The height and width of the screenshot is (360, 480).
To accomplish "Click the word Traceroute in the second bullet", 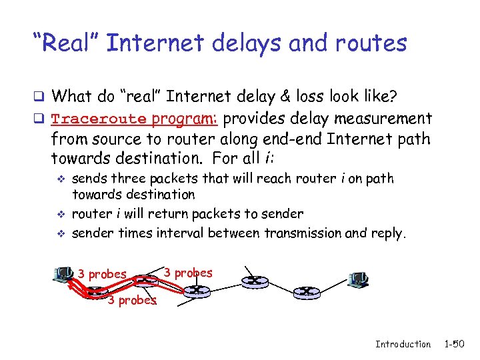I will point(99,119).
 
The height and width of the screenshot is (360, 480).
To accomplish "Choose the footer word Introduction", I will point(403,344).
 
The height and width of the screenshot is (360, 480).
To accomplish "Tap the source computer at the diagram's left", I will point(63,274).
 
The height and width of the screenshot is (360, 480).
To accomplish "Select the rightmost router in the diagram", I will point(306,291).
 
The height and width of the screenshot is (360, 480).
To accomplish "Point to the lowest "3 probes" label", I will point(132,300).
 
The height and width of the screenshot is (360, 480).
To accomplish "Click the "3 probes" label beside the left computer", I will point(102,274).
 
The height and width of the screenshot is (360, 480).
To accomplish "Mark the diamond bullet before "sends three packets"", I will point(61,179).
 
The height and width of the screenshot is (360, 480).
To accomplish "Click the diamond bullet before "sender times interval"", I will point(61,233).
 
